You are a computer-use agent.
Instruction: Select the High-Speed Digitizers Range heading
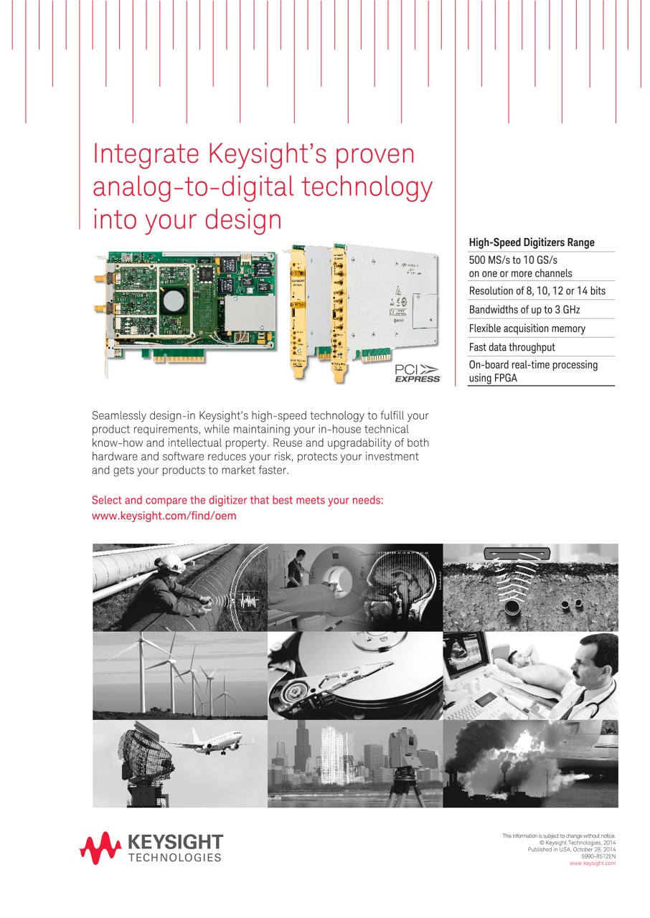pos(531,242)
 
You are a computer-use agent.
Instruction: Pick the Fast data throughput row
pos(512,347)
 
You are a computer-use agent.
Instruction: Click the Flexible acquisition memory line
pos(527,328)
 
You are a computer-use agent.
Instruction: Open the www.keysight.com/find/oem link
pos(164,516)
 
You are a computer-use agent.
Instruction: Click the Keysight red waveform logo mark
pos(100,848)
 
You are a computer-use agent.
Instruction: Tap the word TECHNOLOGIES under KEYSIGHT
pos(174,858)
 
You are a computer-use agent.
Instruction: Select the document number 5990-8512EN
pos(597,856)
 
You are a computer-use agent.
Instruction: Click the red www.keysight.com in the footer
pos(592,863)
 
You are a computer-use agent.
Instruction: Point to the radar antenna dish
pos(142,752)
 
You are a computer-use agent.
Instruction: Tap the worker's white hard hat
pos(172,561)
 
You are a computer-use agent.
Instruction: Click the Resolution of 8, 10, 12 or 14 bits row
pos(537,291)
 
